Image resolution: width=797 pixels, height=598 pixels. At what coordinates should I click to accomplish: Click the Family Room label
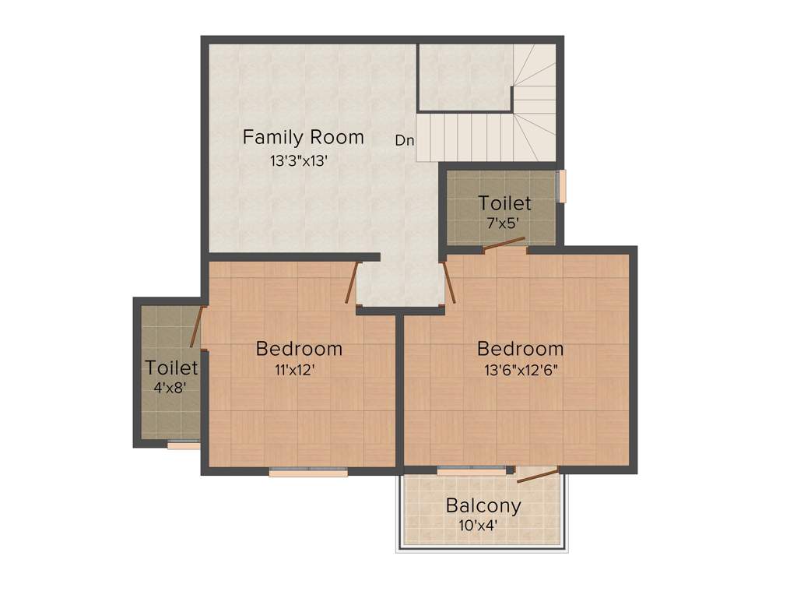coord(303,138)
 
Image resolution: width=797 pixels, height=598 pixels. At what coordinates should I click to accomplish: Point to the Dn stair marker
coord(405,141)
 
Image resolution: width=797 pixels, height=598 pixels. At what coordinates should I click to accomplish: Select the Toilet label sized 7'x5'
coord(504,204)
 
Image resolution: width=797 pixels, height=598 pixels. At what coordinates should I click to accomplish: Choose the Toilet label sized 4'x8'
coord(171,368)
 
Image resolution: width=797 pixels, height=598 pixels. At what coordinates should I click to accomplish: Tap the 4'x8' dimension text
coord(170,386)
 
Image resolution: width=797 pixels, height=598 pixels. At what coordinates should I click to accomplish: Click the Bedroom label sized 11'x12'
coord(299,349)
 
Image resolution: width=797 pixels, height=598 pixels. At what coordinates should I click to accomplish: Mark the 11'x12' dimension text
coord(293,370)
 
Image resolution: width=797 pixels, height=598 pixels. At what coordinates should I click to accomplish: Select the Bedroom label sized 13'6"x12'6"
coord(520,349)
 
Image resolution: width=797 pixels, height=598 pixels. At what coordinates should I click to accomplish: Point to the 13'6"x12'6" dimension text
coord(520,370)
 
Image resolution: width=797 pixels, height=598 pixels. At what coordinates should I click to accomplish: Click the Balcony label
coord(483,506)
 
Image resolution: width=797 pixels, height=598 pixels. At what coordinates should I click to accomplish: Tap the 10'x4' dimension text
coord(478,526)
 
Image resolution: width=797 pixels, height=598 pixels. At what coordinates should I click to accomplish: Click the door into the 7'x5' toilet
coord(504,244)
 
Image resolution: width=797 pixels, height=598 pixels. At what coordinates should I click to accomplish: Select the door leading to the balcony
coord(538,475)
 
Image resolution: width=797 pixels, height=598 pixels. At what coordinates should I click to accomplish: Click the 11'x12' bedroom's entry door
coord(352,282)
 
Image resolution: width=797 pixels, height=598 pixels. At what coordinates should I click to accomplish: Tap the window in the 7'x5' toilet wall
coord(562,186)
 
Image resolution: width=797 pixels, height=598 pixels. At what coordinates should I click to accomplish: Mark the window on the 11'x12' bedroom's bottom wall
coord(308,470)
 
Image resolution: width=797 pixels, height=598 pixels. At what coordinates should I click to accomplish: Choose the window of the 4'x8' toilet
coord(184,445)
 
